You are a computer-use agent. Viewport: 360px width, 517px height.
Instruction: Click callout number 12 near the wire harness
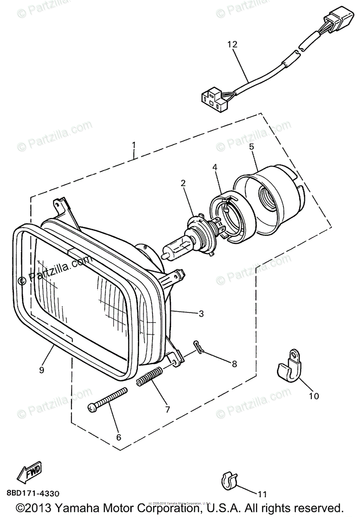pos(232,44)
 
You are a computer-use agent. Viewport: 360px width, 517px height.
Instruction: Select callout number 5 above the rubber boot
pos(251,146)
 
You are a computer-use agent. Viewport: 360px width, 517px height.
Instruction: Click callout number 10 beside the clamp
pos(314,396)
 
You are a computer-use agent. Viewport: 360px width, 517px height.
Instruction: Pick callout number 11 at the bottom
pos(263,494)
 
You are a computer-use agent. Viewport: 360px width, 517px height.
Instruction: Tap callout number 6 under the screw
pos(119,437)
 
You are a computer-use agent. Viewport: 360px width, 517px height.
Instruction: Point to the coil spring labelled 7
pos(150,375)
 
